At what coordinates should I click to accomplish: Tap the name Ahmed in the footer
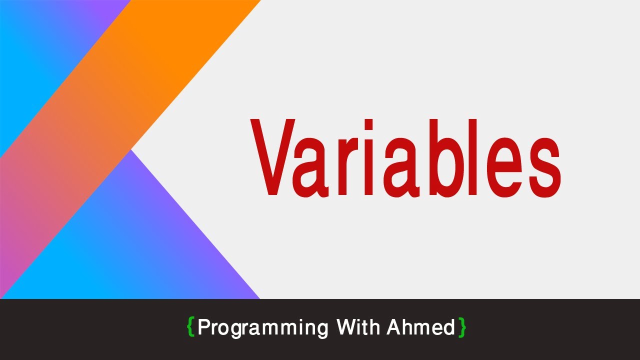coord(420,327)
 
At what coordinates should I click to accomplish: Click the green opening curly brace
coord(190,327)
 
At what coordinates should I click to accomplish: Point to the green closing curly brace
coord(462,327)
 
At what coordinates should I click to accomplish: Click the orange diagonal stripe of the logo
coord(125,100)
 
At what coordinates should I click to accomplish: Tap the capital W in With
coord(346,327)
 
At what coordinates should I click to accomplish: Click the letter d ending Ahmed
coord(449,327)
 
